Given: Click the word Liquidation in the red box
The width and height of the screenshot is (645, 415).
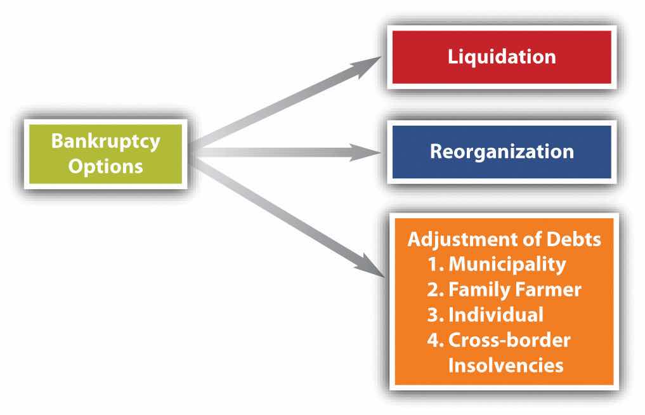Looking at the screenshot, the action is pos(502,57).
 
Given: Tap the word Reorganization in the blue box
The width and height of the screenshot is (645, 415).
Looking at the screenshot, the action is pos(502,152).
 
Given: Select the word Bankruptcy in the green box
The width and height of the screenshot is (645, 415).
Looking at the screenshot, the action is pos(106,142).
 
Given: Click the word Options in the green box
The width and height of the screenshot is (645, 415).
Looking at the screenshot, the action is pos(106,167).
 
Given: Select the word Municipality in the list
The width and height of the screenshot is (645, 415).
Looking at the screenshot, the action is pos(507,265).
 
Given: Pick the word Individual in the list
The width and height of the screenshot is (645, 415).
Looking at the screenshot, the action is pos(496,315).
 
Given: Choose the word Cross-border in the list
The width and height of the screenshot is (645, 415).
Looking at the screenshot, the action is pos(509,340).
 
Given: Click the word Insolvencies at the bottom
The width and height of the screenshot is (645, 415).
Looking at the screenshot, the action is pos(505,365).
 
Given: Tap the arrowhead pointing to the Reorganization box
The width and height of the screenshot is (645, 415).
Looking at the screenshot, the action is pos(365,152).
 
